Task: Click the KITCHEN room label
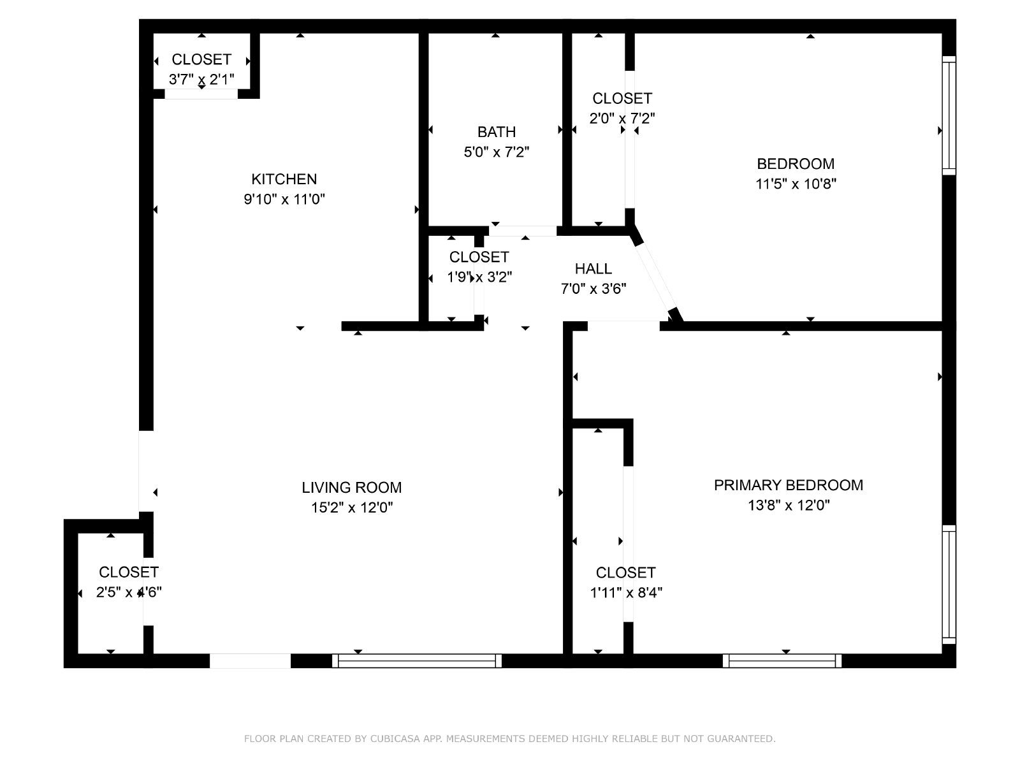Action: click(284, 179)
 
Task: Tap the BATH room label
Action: click(496, 132)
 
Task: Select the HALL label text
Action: click(593, 268)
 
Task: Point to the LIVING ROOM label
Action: click(351, 487)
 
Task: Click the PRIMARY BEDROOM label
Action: click(788, 485)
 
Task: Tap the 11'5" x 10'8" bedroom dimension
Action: click(796, 184)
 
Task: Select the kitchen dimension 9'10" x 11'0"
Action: click(284, 200)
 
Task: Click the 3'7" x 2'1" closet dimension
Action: click(201, 80)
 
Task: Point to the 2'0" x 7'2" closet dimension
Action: click(622, 119)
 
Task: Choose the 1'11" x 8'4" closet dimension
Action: click(625, 593)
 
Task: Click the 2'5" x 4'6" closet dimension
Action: click(129, 592)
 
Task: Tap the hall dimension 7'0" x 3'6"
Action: click(593, 289)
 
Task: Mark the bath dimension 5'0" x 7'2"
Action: click(496, 152)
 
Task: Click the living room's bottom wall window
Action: click(417, 660)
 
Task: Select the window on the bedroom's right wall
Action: click(949, 115)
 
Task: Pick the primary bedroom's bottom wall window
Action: click(782, 660)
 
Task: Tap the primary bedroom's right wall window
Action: click(949, 585)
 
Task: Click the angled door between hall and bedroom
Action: click(656, 276)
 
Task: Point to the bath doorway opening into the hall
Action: click(522, 231)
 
